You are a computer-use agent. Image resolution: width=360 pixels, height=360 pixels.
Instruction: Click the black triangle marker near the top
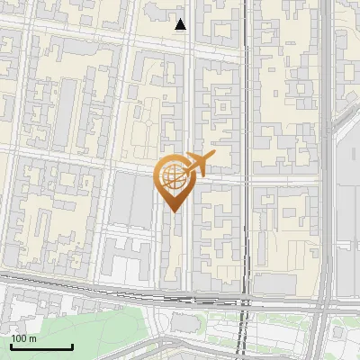(181, 24)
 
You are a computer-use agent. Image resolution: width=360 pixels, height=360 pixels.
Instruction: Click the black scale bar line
(41, 346)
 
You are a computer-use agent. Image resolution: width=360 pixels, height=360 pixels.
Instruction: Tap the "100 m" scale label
(23, 338)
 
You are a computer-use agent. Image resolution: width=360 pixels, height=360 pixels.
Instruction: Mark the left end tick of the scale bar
(11, 345)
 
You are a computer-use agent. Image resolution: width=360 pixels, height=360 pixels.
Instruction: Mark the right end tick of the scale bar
(72, 345)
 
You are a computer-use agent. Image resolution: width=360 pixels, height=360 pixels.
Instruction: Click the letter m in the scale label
(32, 338)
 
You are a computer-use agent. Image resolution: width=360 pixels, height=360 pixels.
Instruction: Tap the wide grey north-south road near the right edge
(327, 180)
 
